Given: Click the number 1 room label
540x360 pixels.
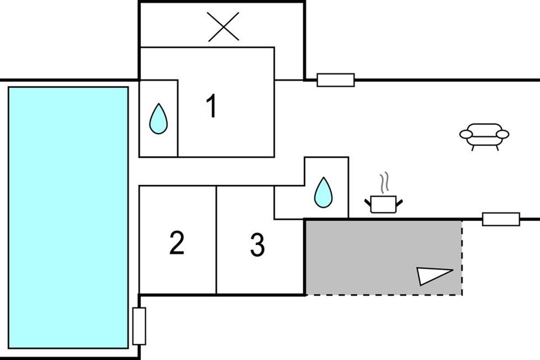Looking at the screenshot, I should pyautogui.click(x=211, y=107).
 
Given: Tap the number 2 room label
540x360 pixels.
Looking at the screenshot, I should pyautogui.click(x=177, y=243).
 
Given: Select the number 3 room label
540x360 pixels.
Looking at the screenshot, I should pyautogui.click(x=257, y=245).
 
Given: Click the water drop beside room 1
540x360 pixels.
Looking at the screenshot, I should pyautogui.click(x=158, y=119).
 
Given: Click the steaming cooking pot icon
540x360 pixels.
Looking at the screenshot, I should pyautogui.click(x=383, y=203).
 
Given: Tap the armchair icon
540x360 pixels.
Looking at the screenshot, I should pyautogui.click(x=484, y=135).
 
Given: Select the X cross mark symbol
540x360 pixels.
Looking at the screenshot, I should pyautogui.click(x=223, y=27).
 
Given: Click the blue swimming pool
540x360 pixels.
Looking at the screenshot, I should pyautogui.click(x=68, y=217).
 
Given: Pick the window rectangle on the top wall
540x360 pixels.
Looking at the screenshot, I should pyautogui.click(x=336, y=80).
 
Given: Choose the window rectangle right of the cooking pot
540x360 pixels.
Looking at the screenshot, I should pyautogui.click(x=501, y=219).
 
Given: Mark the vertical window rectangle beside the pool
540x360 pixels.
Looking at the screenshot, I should pyautogui.click(x=139, y=326).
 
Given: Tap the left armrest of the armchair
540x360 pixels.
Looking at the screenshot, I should pyautogui.click(x=466, y=134).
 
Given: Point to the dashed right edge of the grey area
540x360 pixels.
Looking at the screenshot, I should pyautogui.click(x=462, y=256).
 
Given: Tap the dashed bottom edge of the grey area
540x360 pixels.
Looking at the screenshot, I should pyautogui.click(x=382, y=295).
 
